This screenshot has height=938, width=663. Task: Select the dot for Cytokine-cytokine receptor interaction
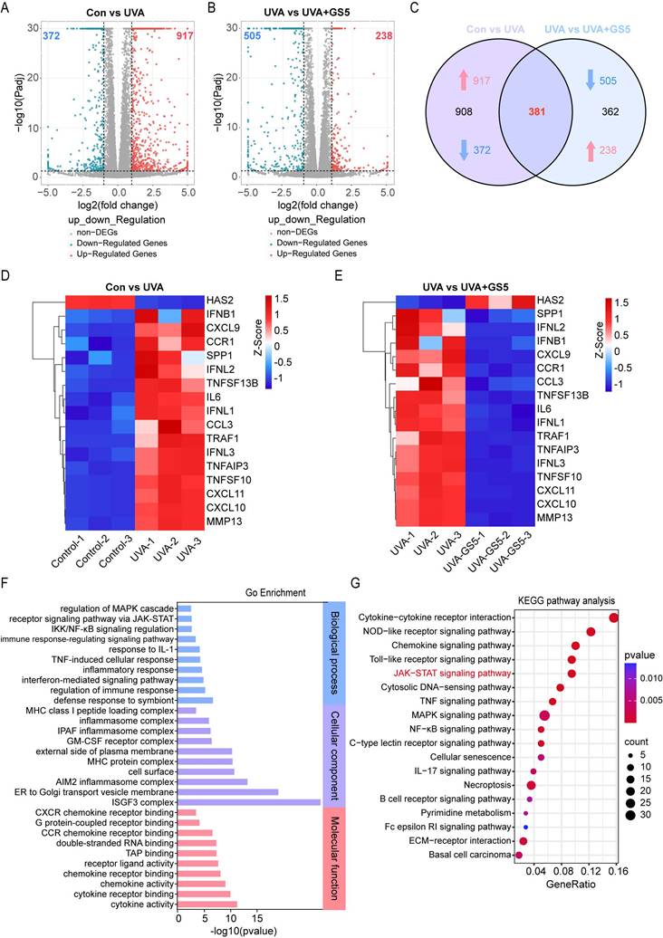click(x=613, y=617)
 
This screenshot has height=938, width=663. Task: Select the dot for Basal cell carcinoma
click(x=519, y=854)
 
